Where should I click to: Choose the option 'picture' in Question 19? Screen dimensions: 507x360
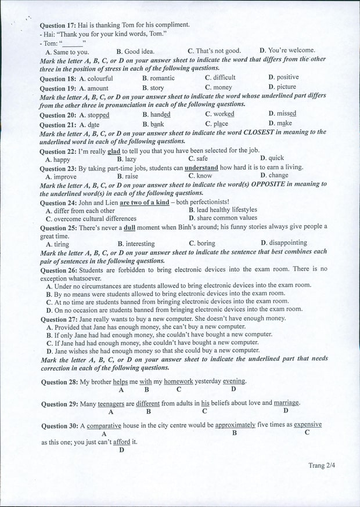tap(286, 87)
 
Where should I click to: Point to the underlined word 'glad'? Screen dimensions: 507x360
tap(114, 151)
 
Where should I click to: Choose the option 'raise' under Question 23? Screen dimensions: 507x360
tap(131, 176)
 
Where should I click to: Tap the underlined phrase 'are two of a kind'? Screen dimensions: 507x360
tap(144, 202)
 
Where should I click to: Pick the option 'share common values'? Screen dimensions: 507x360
tap(226, 218)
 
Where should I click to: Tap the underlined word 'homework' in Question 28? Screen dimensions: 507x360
tap(178, 381)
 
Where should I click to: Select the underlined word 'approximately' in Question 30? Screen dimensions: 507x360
tap(235, 425)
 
